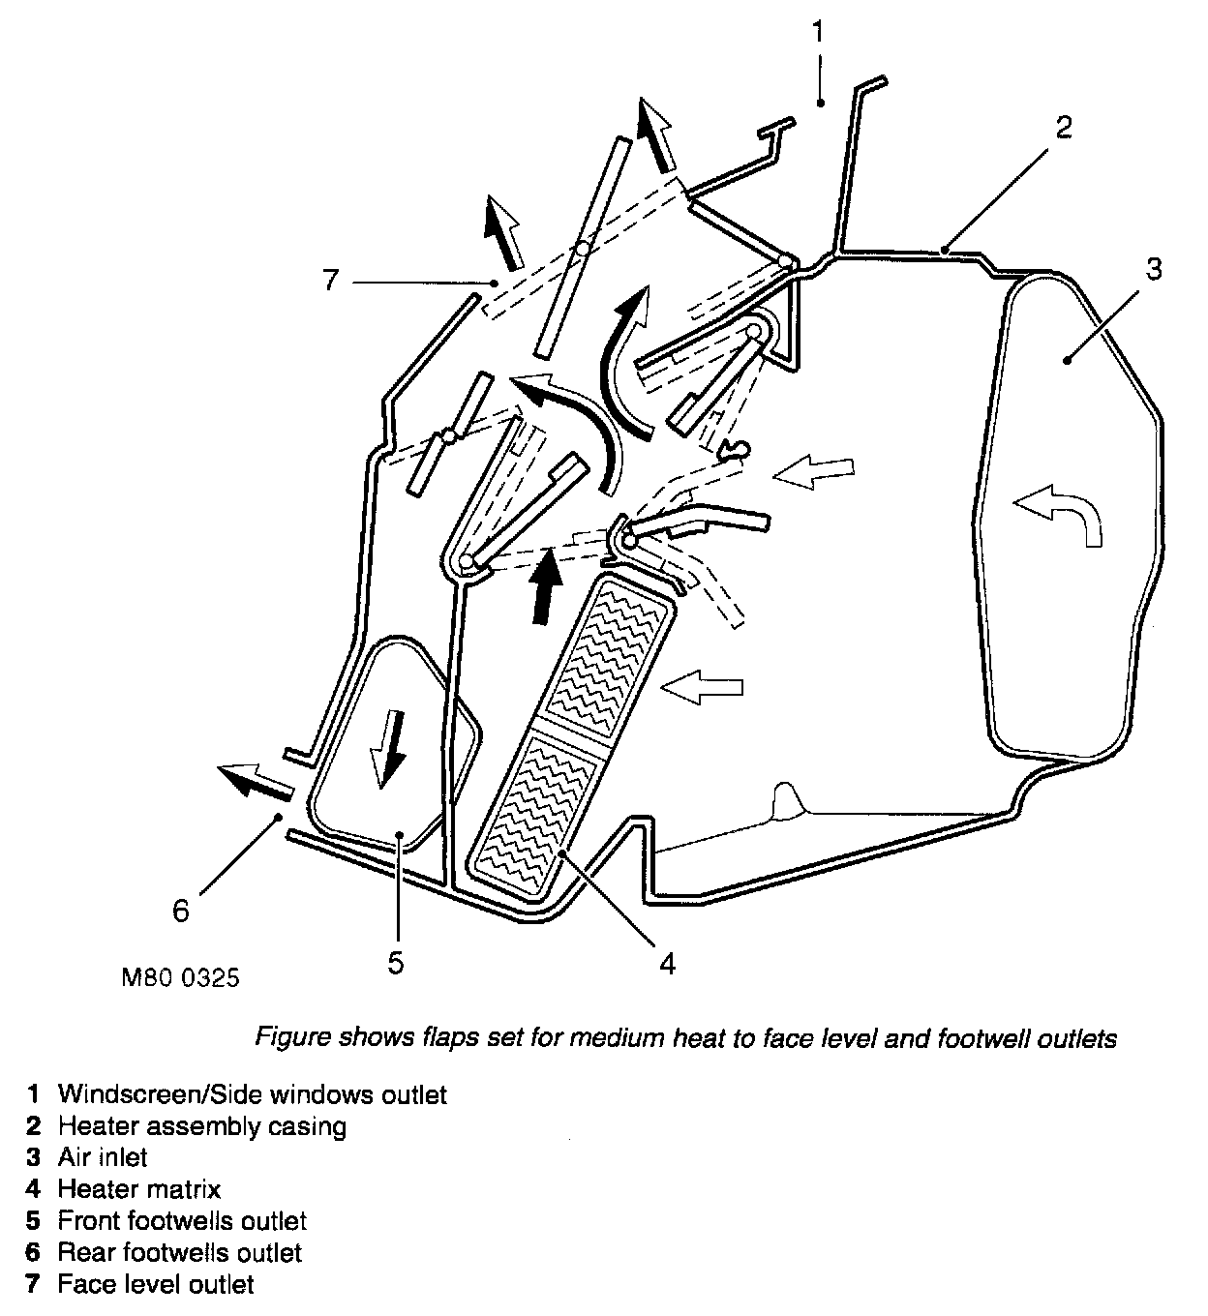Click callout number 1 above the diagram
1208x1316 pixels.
click(818, 32)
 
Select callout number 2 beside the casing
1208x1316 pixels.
click(1063, 127)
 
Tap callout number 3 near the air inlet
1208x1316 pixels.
click(1153, 269)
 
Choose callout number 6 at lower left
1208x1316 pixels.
click(181, 911)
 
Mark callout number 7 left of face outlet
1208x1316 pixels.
click(331, 281)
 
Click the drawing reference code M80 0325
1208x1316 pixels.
click(181, 978)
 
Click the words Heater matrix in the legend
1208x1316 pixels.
click(139, 1189)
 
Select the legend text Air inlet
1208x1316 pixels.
click(103, 1157)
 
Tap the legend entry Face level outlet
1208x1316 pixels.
click(156, 1284)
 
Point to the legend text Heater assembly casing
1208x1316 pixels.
click(201, 1126)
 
